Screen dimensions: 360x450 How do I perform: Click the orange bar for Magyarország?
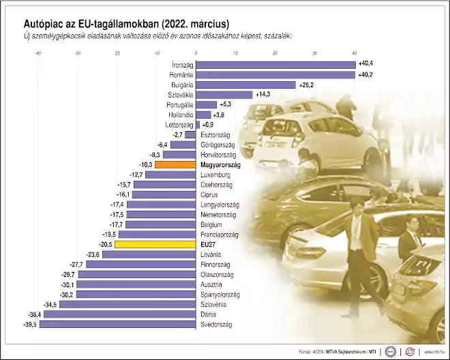click(x=175, y=164)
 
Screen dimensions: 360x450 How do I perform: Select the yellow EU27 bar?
click(x=155, y=243)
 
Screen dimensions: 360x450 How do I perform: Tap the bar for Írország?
click(x=276, y=65)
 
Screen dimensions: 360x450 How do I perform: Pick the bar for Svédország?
click(x=117, y=325)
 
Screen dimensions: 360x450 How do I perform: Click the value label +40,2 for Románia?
click(x=366, y=74)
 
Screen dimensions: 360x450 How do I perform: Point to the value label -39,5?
click(x=28, y=325)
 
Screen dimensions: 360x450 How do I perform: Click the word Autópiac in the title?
click(x=46, y=25)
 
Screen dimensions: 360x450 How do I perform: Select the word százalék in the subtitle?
click(x=274, y=35)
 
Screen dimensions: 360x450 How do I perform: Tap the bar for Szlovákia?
click(x=224, y=95)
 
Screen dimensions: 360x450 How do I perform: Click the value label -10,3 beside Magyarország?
click(x=146, y=164)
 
